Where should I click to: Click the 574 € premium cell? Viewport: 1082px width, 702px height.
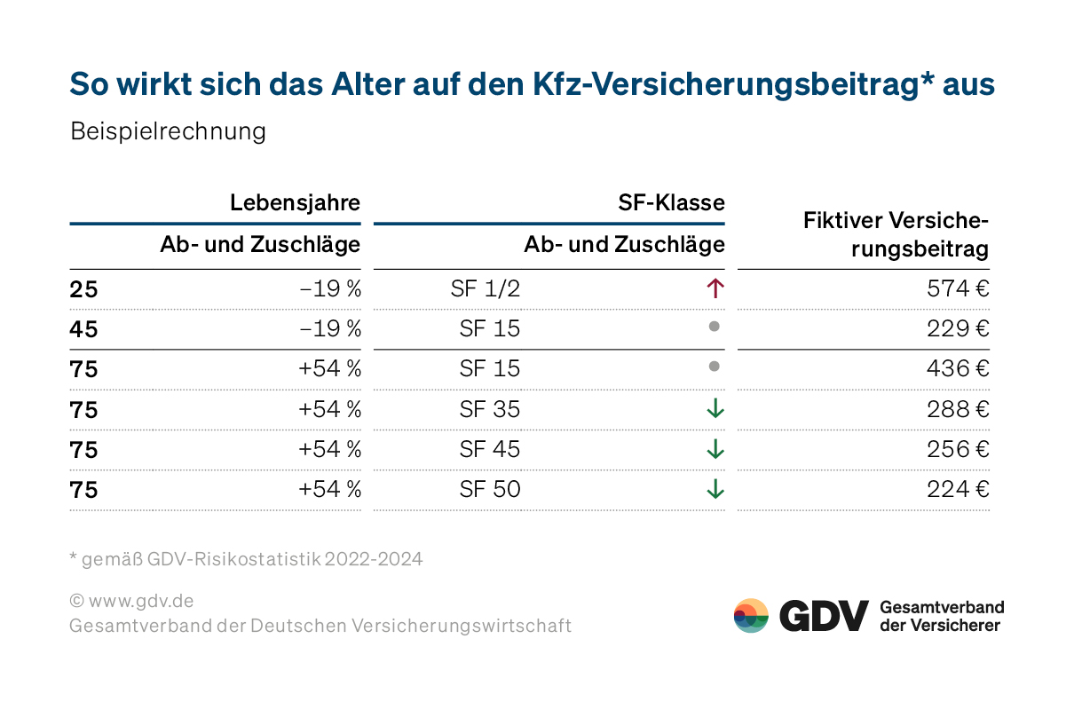956,288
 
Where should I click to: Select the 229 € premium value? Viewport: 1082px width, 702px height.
956,328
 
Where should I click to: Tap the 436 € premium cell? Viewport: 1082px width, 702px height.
956,368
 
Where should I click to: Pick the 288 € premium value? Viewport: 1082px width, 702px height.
956,409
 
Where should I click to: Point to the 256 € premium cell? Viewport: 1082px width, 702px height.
956,449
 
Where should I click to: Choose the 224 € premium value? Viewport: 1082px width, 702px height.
956,489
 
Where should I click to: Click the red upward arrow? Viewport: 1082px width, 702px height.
715,288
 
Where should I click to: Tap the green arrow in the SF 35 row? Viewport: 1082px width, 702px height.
715,409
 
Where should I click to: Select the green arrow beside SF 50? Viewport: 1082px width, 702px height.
715,489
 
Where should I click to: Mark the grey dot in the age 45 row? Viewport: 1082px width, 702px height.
714,327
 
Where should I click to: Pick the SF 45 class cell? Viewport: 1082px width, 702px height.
489,449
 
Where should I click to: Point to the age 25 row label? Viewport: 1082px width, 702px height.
83,288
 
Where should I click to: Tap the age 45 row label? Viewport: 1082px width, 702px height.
83,328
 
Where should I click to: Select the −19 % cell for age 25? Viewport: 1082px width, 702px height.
330,288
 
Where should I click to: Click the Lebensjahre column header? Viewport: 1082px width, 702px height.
295,202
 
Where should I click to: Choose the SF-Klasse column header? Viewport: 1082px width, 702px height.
671,202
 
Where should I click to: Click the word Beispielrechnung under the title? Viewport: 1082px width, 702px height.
168,131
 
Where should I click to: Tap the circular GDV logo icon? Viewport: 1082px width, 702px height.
751,615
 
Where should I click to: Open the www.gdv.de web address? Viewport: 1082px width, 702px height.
139,600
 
